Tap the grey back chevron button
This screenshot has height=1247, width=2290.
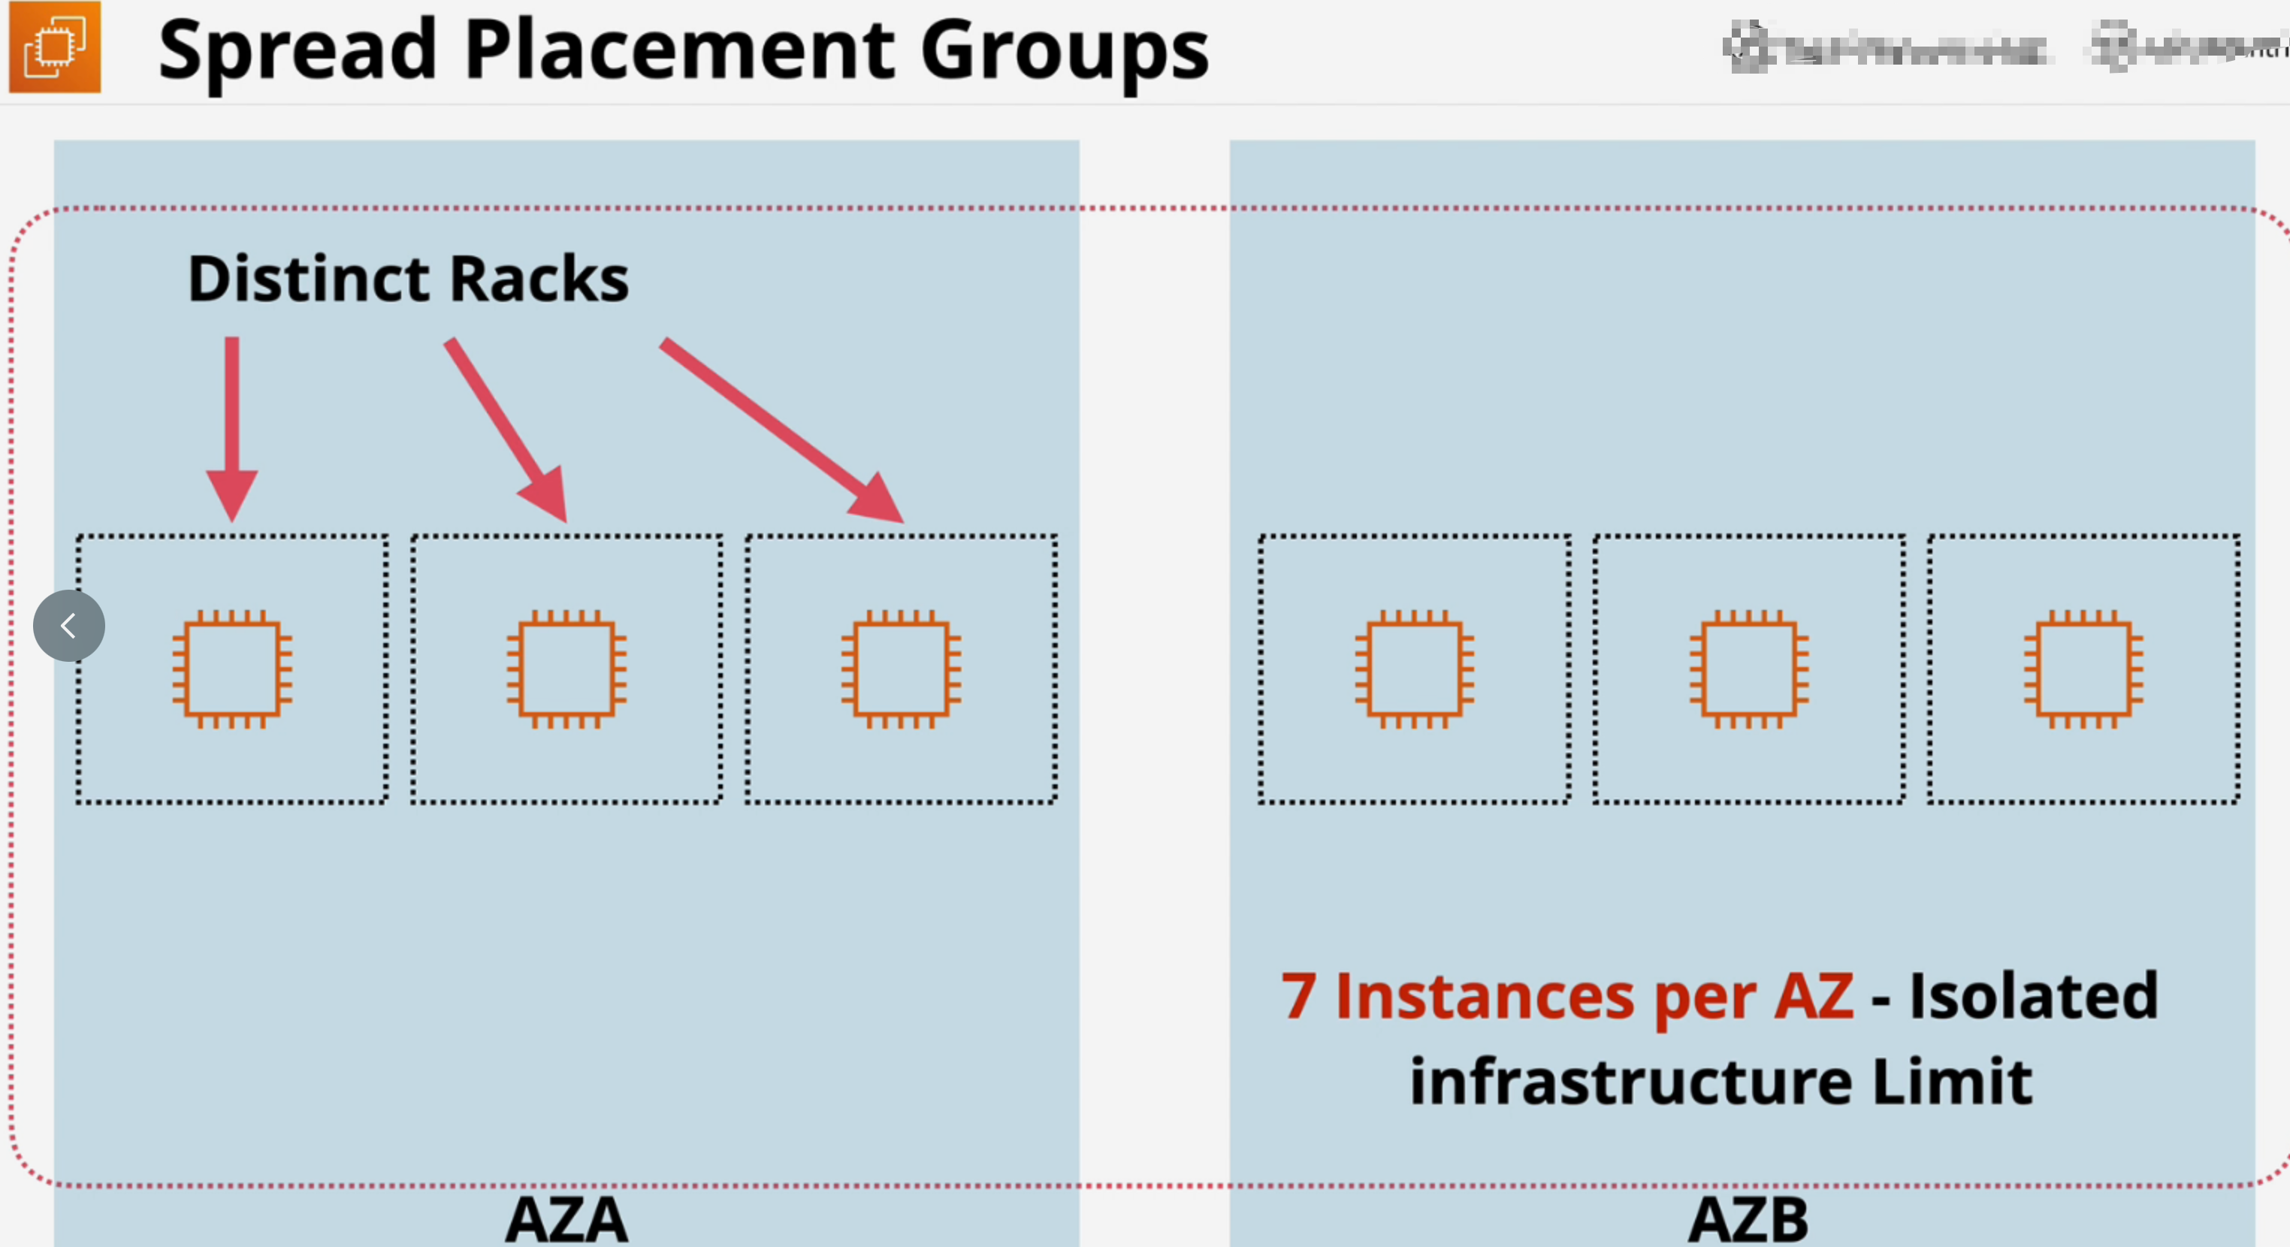[x=68, y=626]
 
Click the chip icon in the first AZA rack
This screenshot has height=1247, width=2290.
[x=232, y=669]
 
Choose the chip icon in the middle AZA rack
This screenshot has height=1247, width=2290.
[x=566, y=669]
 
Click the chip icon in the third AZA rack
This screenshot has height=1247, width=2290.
[x=901, y=669]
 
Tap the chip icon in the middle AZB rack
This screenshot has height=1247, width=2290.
[x=1748, y=669]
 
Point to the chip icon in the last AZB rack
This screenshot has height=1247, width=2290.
[x=2083, y=669]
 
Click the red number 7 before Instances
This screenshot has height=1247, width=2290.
[x=1298, y=996]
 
